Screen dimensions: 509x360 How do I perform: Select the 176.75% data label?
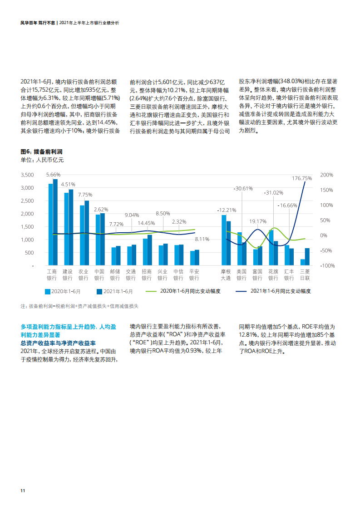[x=302, y=178]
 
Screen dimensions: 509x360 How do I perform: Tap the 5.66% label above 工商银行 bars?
[x=53, y=175]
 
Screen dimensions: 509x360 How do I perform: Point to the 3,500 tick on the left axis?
[x=28, y=175]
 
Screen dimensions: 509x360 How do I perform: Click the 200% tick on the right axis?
[x=326, y=175]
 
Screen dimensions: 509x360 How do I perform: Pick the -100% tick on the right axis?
[x=326, y=265]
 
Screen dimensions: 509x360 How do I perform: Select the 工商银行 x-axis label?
[x=53, y=274]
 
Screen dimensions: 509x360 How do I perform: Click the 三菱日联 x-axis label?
[x=305, y=274]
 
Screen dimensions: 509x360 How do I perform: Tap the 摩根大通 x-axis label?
[x=226, y=274]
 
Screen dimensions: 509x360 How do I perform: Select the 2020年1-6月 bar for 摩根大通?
[x=224, y=240]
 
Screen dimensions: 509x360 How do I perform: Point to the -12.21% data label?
[x=227, y=210]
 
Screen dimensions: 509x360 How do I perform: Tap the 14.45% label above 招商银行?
[x=147, y=223]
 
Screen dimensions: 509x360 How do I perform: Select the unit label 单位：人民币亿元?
[x=42, y=160]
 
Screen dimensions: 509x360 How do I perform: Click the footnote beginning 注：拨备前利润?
[x=79, y=306]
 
